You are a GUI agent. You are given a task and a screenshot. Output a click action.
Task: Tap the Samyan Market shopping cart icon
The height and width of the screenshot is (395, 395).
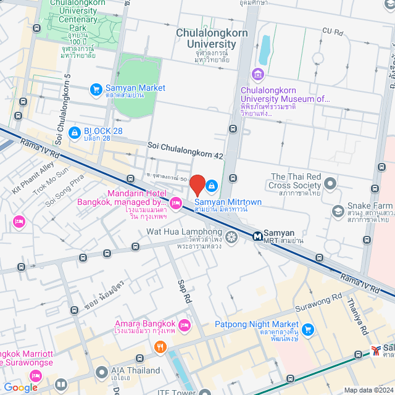pos(96,89)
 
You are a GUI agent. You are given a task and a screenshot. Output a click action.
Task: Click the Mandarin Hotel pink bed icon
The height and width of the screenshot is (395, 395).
pos(176,202)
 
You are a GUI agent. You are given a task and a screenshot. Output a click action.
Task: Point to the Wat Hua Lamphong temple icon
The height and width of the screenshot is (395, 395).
pos(231,237)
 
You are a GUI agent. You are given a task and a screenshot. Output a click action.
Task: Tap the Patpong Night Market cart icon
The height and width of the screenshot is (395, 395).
pos(308,328)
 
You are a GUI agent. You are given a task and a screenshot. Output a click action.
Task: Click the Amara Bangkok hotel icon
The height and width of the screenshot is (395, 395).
pos(185,324)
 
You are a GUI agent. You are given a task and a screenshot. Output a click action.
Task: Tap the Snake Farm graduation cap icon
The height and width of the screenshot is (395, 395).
pos(338,212)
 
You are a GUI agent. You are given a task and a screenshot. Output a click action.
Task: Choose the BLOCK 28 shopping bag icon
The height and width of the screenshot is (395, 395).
pos(74,131)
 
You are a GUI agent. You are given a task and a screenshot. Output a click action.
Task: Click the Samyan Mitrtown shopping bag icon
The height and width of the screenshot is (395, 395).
pos(212,185)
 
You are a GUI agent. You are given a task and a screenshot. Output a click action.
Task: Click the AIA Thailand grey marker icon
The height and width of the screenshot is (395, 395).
pos(102,372)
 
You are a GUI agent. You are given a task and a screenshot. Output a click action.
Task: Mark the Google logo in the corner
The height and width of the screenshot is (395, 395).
pos(20,387)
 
